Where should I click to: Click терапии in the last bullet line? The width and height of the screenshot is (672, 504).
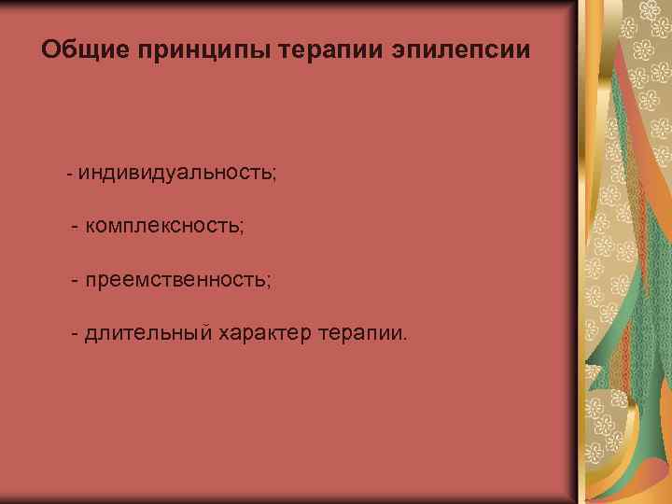360,332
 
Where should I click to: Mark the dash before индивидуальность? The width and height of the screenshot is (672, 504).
69,175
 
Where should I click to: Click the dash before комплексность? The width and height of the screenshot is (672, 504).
75,227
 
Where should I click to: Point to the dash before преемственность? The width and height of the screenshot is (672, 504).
75,280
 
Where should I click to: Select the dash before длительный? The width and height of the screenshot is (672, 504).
75,333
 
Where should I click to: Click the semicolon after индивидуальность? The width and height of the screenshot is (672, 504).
274,175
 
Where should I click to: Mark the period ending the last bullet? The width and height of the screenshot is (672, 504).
405,338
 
